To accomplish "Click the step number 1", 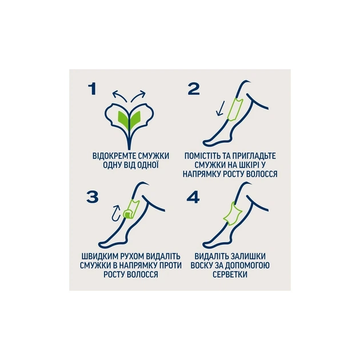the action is click(93, 89).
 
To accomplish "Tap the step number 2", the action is click(194, 89).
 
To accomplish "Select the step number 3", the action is click(93, 197).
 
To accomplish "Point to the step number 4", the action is click(193, 198).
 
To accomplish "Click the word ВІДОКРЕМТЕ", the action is click(111, 156).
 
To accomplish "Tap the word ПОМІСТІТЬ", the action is click(202, 156).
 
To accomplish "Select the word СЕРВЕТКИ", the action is click(230, 274).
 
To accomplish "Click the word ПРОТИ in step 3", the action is click(170, 265).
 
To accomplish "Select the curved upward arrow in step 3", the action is click(117, 214).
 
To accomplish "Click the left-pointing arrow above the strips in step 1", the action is click(120, 95).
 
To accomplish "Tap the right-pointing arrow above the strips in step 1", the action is click(138, 95).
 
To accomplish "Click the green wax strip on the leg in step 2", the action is click(235, 109).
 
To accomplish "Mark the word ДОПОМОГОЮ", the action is click(247, 265).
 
